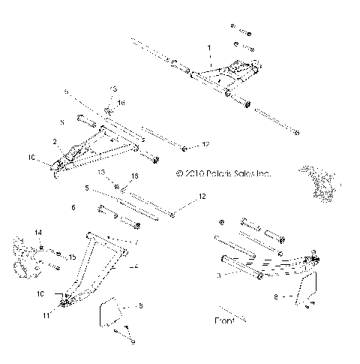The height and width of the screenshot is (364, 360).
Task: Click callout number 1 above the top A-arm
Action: coord(210,47)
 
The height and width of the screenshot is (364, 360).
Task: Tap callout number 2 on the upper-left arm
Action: coord(55,140)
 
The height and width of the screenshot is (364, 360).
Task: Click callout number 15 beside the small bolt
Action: coord(72,257)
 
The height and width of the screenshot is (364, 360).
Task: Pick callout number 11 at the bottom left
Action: coord(45,315)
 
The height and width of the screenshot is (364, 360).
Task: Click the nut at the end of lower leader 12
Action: coord(172,215)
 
